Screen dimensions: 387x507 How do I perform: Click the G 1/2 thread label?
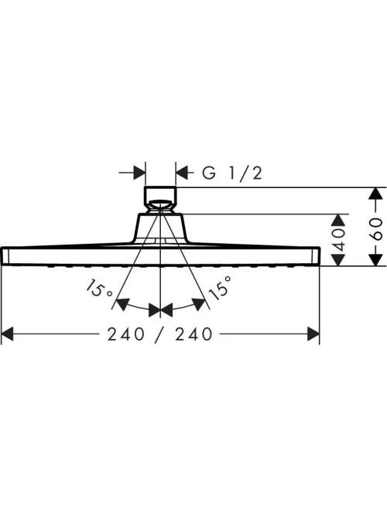click(x=232, y=173)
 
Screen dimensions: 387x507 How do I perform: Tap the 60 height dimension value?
click(x=375, y=229)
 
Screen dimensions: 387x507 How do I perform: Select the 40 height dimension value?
click(x=338, y=240)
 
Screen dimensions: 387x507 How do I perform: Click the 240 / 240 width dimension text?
click(x=160, y=334)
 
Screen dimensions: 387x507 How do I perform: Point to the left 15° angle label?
click(x=98, y=289)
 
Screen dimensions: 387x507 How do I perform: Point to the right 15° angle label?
click(x=220, y=288)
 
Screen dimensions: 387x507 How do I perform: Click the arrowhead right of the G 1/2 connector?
click(x=182, y=173)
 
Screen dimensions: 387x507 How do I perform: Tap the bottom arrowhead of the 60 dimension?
click(x=375, y=259)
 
